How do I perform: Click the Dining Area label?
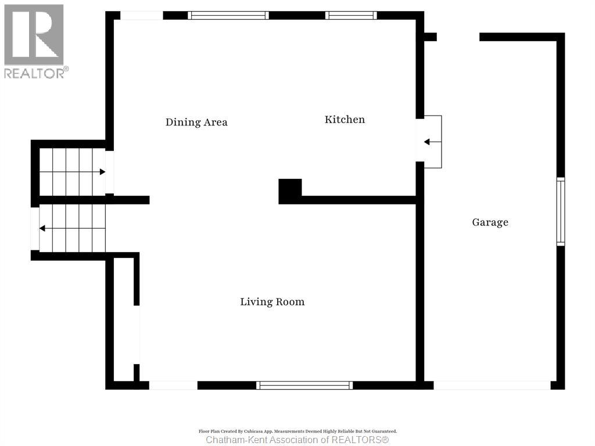(x=196, y=123)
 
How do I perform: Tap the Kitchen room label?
(x=345, y=120)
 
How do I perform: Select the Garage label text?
(x=490, y=222)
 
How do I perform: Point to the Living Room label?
(x=273, y=302)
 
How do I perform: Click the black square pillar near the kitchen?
(x=290, y=191)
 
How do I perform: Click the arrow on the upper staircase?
(x=102, y=172)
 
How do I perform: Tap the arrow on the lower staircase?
(x=42, y=229)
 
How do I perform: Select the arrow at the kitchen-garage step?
(x=427, y=142)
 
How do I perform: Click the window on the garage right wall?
(x=560, y=211)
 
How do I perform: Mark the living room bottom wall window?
(x=304, y=385)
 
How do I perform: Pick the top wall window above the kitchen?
(x=351, y=16)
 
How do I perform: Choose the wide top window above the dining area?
(x=228, y=16)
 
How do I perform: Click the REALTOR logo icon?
(x=34, y=34)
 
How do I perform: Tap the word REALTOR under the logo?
(x=35, y=73)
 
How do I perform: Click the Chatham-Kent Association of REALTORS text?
(x=297, y=440)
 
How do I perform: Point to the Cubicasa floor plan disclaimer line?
(x=297, y=431)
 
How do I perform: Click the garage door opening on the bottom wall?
(x=492, y=385)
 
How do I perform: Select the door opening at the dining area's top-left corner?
(x=141, y=16)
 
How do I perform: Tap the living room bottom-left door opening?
(x=173, y=385)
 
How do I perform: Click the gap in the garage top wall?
(x=458, y=37)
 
